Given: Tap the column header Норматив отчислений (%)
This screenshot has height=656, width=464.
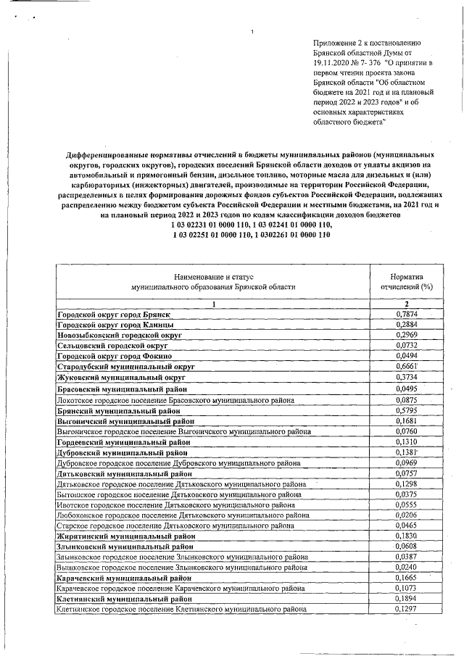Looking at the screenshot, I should coord(407,281).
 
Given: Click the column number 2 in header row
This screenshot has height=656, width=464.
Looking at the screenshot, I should coord(407,304).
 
